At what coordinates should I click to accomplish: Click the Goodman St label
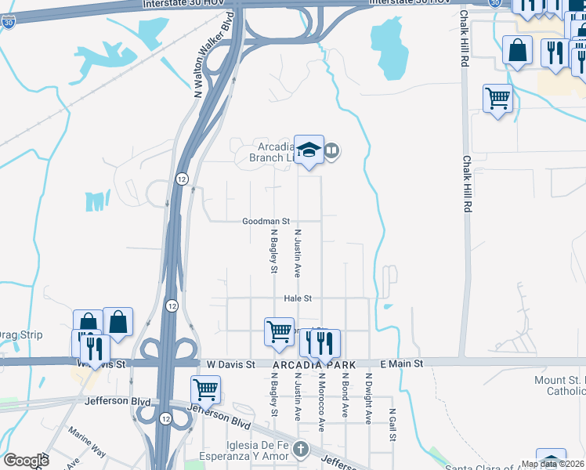(x=266, y=222)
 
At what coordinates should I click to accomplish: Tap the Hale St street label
(x=298, y=298)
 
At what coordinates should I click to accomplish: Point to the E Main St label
(x=401, y=364)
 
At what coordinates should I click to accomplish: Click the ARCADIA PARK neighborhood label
(x=314, y=366)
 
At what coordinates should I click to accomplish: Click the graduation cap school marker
(x=309, y=150)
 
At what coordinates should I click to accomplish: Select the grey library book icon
(x=332, y=150)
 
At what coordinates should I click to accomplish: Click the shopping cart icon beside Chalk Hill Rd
(x=497, y=99)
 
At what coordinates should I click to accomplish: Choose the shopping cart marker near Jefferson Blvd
(x=205, y=389)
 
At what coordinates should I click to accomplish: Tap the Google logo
(x=26, y=461)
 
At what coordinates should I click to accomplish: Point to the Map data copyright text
(x=552, y=464)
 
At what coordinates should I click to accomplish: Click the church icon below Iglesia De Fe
(x=302, y=449)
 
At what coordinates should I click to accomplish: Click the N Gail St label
(x=392, y=423)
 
